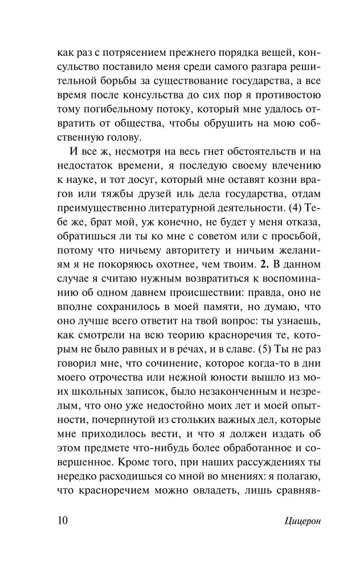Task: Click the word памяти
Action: coord(206,308)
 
